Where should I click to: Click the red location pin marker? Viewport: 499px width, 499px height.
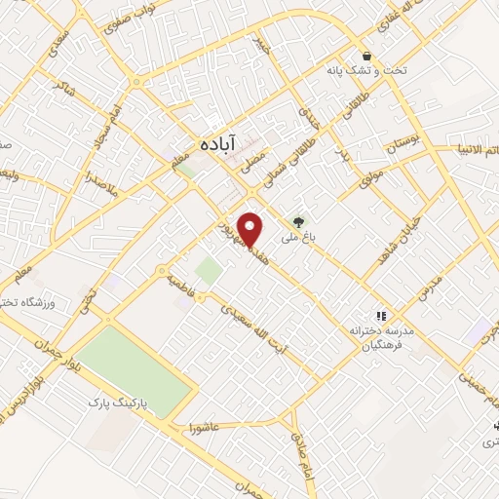click(x=251, y=228)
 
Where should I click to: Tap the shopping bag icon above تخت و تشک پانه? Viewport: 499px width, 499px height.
click(x=366, y=56)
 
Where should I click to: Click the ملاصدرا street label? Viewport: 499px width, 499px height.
click(x=100, y=181)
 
